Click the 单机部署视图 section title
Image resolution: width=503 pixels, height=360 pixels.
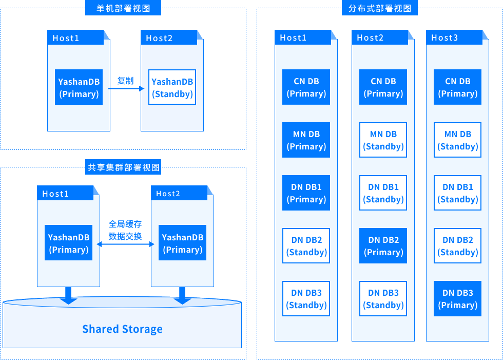coord(123,8)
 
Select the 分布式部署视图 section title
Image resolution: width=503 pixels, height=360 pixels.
coord(379,8)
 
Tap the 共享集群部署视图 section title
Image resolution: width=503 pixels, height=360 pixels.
coord(123,167)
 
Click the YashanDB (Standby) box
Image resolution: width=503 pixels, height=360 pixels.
coord(172,87)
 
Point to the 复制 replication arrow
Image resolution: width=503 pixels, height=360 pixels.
coord(126,88)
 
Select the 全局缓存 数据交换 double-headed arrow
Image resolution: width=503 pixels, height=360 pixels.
coord(126,244)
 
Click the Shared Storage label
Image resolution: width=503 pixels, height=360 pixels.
coord(122,329)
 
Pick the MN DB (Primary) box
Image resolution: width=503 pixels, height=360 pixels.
coord(306,140)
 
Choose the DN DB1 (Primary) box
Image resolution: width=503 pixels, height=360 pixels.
coord(306,193)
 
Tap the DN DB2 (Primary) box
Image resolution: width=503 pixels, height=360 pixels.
coord(383,246)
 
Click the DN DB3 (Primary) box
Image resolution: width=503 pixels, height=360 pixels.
coord(458,299)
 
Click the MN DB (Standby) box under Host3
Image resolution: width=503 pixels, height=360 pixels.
coord(458,140)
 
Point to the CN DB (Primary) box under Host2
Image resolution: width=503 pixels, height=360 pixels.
coord(383,87)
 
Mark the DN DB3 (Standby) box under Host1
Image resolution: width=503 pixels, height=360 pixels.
coord(306,299)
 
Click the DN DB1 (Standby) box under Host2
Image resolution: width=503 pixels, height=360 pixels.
coord(383,193)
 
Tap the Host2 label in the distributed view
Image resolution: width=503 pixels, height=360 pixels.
coord(370,37)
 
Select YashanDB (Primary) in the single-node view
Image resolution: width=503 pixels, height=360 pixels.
coord(79,87)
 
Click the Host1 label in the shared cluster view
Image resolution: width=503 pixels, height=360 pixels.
coord(55,194)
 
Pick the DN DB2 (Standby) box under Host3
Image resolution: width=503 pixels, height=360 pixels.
coord(458,246)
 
